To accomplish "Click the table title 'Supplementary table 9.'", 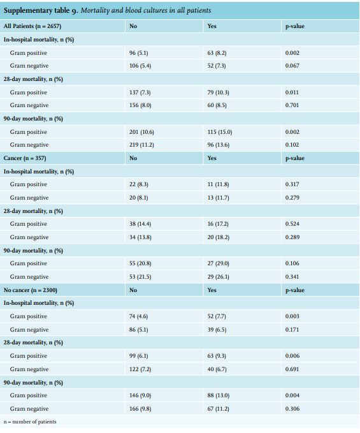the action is point(41,10).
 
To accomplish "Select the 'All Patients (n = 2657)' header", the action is point(32,26).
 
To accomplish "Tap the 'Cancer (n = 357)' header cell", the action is point(25,158).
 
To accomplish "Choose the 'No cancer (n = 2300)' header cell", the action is point(31,290).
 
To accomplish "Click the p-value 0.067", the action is point(292,66).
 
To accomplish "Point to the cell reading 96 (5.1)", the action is point(138,53).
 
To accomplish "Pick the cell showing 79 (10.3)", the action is point(218,92).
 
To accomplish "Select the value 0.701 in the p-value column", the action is point(292,105).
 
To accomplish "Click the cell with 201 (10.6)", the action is point(141,132).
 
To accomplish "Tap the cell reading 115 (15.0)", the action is point(220,132).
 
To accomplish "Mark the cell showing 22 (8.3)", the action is point(138,184).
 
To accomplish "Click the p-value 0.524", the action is point(292,224).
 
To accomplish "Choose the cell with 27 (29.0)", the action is point(218,263).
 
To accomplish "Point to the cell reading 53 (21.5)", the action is point(140,277).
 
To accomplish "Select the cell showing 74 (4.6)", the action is point(138,316).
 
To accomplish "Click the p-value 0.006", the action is point(292,356).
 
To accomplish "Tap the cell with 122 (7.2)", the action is point(140,369).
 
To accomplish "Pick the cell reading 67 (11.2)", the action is point(218,409).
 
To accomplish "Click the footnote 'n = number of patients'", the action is point(30,422).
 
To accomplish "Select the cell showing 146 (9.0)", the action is point(140,395).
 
